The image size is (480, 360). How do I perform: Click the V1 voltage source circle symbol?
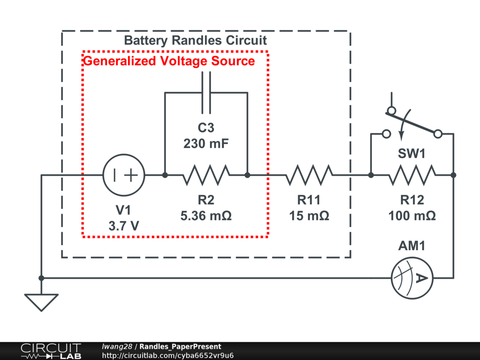click(x=124, y=175)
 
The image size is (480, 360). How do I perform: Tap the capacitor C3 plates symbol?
click(x=206, y=93)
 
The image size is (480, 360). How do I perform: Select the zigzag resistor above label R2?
click(x=206, y=175)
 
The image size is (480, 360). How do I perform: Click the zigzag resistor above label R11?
click(x=309, y=175)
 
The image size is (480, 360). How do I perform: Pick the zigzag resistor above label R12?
click(x=412, y=175)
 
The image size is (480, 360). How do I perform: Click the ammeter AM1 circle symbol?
click(x=412, y=278)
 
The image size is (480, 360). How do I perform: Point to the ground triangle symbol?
click(x=41, y=301)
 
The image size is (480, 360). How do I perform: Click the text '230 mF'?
click(x=206, y=143)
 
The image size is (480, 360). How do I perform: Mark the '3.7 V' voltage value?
click(x=124, y=226)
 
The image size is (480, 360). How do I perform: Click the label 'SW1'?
click(x=412, y=153)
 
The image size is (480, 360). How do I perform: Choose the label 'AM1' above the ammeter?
click(x=412, y=246)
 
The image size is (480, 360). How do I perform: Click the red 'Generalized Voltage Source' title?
click(x=169, y=61)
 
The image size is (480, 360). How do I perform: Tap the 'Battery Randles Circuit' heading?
click(x=195, y=40)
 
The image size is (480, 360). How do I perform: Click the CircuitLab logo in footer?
click(x=51, y=351)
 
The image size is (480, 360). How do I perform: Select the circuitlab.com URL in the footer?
click(x=167, y=355)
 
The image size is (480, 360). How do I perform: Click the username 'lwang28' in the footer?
click(x=117, y=347)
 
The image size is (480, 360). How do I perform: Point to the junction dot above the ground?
click(x=41, y=278)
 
